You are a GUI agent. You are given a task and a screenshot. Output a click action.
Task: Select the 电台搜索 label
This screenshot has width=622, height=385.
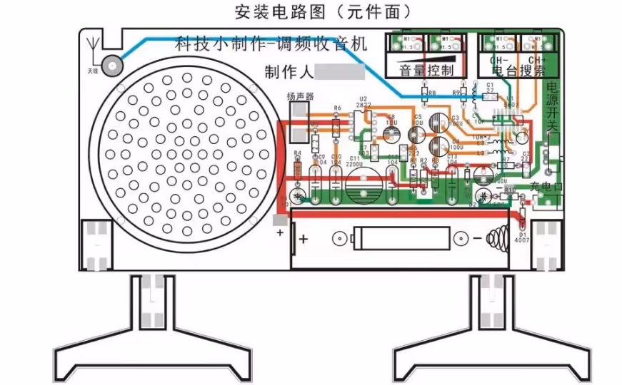click(x=518, y=71)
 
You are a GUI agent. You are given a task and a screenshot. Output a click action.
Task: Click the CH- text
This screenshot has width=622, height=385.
click(x=499, y=59)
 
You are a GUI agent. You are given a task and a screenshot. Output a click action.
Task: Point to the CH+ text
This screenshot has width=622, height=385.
click(x=537, y=59)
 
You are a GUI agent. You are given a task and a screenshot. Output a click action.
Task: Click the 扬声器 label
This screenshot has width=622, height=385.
click(x=301, y=96)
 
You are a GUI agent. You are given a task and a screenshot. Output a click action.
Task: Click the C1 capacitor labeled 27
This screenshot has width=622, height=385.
click(x=490, y=93)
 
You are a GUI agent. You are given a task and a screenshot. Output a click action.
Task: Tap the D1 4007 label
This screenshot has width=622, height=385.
click(x=523, y=237)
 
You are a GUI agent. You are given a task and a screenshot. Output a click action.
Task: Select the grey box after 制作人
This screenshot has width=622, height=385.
click(x=340, y=71)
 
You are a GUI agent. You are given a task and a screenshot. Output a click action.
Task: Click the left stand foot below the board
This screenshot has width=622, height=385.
click(x=151, y=335)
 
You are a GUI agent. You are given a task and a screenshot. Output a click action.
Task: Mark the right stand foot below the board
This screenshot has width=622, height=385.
click(x=493, y=335)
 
